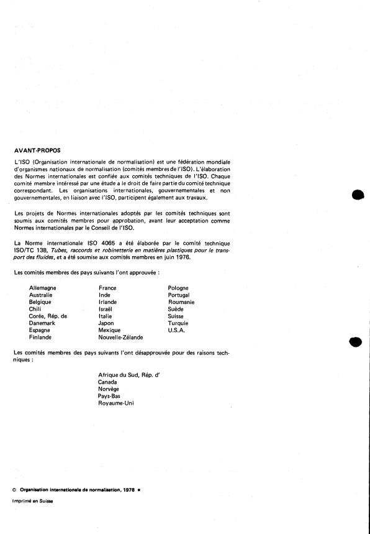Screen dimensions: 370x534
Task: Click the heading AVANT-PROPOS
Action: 37,150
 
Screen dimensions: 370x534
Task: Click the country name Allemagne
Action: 43,288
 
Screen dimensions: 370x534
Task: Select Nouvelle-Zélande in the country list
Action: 120,338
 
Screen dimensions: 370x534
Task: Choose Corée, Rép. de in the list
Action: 48,316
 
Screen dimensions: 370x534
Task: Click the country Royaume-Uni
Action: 115,403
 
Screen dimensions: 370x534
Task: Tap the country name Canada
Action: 108,382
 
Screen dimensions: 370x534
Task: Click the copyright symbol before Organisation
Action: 14,490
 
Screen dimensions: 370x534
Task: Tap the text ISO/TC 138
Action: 31,250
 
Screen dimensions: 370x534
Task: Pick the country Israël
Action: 107,309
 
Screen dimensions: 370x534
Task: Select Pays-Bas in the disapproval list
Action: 109,396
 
